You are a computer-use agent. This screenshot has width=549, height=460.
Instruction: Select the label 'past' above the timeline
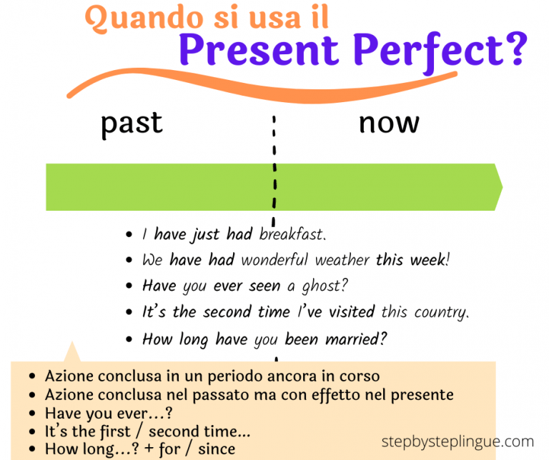[132, 123]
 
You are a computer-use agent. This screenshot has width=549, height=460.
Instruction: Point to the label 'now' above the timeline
[388, 123]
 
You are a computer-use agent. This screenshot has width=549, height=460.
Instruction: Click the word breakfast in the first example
[292, 234]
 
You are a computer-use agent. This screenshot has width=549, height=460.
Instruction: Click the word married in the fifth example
[355, 339]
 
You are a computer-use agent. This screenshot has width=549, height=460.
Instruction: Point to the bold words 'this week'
[412, 261]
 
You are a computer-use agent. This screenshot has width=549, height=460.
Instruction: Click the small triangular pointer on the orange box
[71, 353]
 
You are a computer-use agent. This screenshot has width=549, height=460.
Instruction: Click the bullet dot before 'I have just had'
[129, 235]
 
